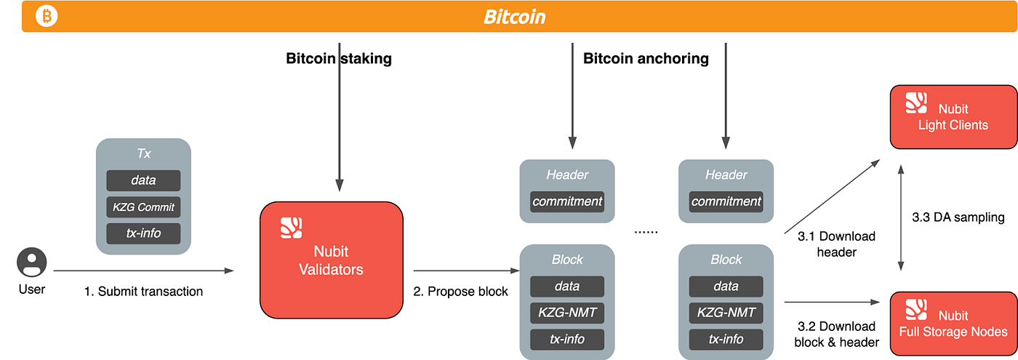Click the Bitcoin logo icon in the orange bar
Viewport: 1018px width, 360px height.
pyautogui.click(x=47, y=16)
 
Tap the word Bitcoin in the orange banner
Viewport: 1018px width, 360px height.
pyautogui.click(x=515, y=17)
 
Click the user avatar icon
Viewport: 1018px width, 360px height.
pyautogui.click(x=32, y=263)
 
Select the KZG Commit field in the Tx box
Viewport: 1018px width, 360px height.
pyautogui.click(x=144, y=207)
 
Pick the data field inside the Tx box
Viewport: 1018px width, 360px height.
pyautogui.click(x=144, y=180)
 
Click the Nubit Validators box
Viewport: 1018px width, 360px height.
pyautogui.click(x=332, y=260)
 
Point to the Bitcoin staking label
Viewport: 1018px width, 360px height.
pyautogui.click(x=339, y=58)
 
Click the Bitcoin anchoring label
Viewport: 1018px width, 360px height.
pyautogui.click(x=646, y=58)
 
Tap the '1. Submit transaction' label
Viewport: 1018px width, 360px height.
pyautogui.click(x=144, y=292)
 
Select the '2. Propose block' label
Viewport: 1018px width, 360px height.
pyautogui.click(x=460, y=292)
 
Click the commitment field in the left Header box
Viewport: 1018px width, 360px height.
pyautogui.click(x=567, y=201)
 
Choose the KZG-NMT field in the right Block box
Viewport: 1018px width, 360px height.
pyautogui.click(x=726, y=312)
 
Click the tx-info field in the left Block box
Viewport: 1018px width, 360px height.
pyautogui.click(x=567, y=339)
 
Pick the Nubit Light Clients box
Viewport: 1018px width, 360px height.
pyautogui.click(x=953, y=117)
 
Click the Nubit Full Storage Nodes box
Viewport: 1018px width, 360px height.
pyautogui.click(x=953, y=324)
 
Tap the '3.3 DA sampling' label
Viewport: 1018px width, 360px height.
pyautogui.click(x=958, y=217)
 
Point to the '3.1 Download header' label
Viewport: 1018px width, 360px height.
pyautogui.click(x=836, y=244)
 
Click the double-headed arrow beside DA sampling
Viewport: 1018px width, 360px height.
pyautogui.click(x=901, y=217)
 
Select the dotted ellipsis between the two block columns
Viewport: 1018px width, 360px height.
pyautogui.click(x=646, y=232)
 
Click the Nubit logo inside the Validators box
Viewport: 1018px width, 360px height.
pyautogui.click(x=292, y=228)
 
